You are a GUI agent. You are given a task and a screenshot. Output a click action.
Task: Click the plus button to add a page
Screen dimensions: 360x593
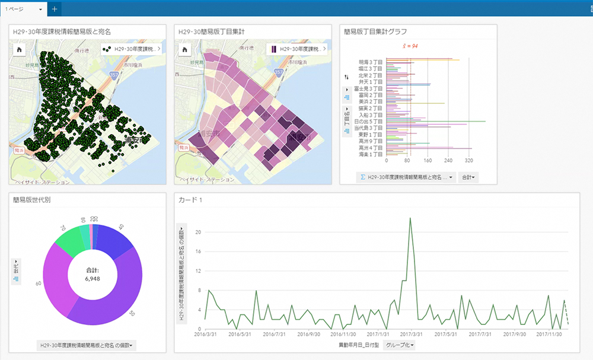(55, 9)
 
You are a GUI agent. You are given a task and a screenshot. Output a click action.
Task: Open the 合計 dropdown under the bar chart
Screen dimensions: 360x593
(468, 177)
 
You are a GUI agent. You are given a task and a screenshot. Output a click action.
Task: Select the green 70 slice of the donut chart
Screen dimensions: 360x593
(66, 244)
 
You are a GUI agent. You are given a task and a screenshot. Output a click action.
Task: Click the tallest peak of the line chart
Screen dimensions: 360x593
(410, 218)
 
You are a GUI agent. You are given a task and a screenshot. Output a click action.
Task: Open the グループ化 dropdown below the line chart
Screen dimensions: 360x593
(399, 345)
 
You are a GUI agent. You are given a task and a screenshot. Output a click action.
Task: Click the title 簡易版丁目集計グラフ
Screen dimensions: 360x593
(375, 31)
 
